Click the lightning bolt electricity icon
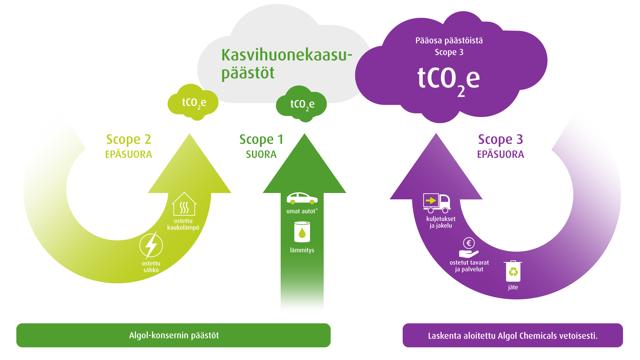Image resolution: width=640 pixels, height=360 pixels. [x=151, y=246]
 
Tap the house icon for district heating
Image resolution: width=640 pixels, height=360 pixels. [x=184, y=204]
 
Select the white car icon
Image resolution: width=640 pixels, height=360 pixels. [x=302, y=198]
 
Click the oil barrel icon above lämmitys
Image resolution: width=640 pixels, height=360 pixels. [x=302, y=232]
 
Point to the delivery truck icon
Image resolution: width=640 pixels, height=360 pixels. [x=437, y=203]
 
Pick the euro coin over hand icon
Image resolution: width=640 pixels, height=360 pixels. [x=469, y=248]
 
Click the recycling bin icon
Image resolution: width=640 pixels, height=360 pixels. [x=513, y=271]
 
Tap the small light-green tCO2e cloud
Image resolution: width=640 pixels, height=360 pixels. [x=193, y=102]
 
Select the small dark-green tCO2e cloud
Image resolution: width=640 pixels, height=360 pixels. [x=302, y=104]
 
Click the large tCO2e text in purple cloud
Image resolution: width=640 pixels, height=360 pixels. [x=448, y=79]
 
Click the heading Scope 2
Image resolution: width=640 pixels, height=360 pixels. [x=128, y=139]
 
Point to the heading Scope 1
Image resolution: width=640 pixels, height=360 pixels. [x=261, y=139]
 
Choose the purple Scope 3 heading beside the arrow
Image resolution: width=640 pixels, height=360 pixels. [x=500, y=139]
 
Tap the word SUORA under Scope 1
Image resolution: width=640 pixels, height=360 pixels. [x=261, y=154]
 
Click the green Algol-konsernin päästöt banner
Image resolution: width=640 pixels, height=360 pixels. [x=173, y=335]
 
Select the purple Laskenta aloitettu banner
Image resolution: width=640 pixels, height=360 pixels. [x=513, y=336]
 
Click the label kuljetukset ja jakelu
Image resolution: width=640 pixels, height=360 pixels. [x=441, y=222]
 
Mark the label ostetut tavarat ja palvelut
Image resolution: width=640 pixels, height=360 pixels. [x=469, y=266]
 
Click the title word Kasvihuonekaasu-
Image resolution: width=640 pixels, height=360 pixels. [x=287, y=55]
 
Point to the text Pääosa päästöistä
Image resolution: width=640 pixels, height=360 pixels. [x=449, y=41]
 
